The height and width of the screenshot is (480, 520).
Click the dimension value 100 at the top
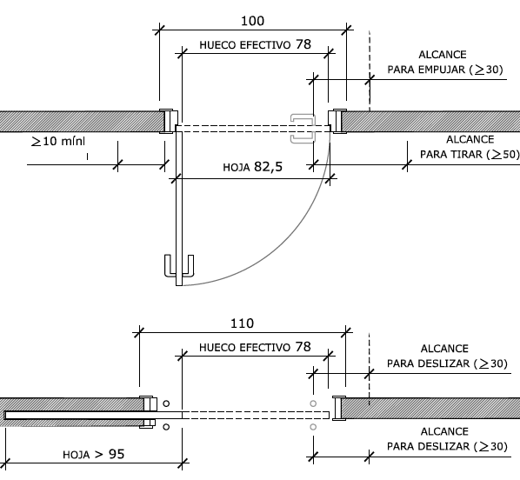253,21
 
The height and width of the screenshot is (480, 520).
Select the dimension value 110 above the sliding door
242,323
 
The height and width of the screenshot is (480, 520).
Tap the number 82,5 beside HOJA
269,167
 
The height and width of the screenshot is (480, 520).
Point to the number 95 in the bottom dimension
117,454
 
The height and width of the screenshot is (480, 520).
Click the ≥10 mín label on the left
58,142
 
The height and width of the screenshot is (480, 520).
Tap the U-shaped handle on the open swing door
179,266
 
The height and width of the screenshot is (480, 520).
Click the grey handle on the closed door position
303,129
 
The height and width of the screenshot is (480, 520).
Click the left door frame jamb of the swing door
169,121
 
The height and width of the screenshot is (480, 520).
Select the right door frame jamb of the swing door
337,121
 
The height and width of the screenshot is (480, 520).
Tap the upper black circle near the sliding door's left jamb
166,403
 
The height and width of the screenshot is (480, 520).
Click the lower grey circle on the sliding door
313,427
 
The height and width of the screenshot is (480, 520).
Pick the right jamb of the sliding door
339,409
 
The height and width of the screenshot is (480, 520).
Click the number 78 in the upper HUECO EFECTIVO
303,44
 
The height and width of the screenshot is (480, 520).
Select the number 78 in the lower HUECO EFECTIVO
303,347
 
